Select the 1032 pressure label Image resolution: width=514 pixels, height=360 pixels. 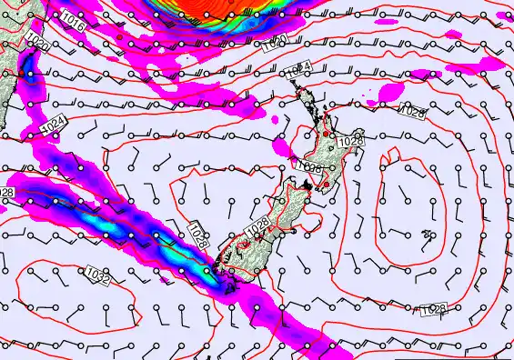coord(97,276)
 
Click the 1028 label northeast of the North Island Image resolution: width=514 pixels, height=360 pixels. coord(412,112)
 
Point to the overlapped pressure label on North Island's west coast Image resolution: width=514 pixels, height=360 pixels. coord(308,166)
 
